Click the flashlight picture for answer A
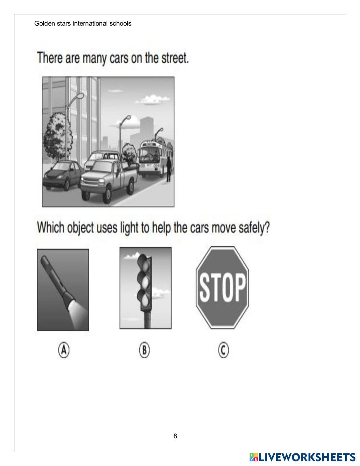pyautogui.click(x=63, y=290)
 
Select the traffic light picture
pyautogui.click(x=145, y=288)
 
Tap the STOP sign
pyautogui.click(x=222, y=288)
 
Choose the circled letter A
pyautogui.click(x=64, y=350)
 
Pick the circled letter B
pyautogui.click(x=144, y=350)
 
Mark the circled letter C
pyautogui.click(x=224, y=350)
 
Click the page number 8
pyautogui.click(x=175, y=436)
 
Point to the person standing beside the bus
pyautogui.click(x=169, y=169)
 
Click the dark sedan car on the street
pyautogui.click(x=63, y=176)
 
